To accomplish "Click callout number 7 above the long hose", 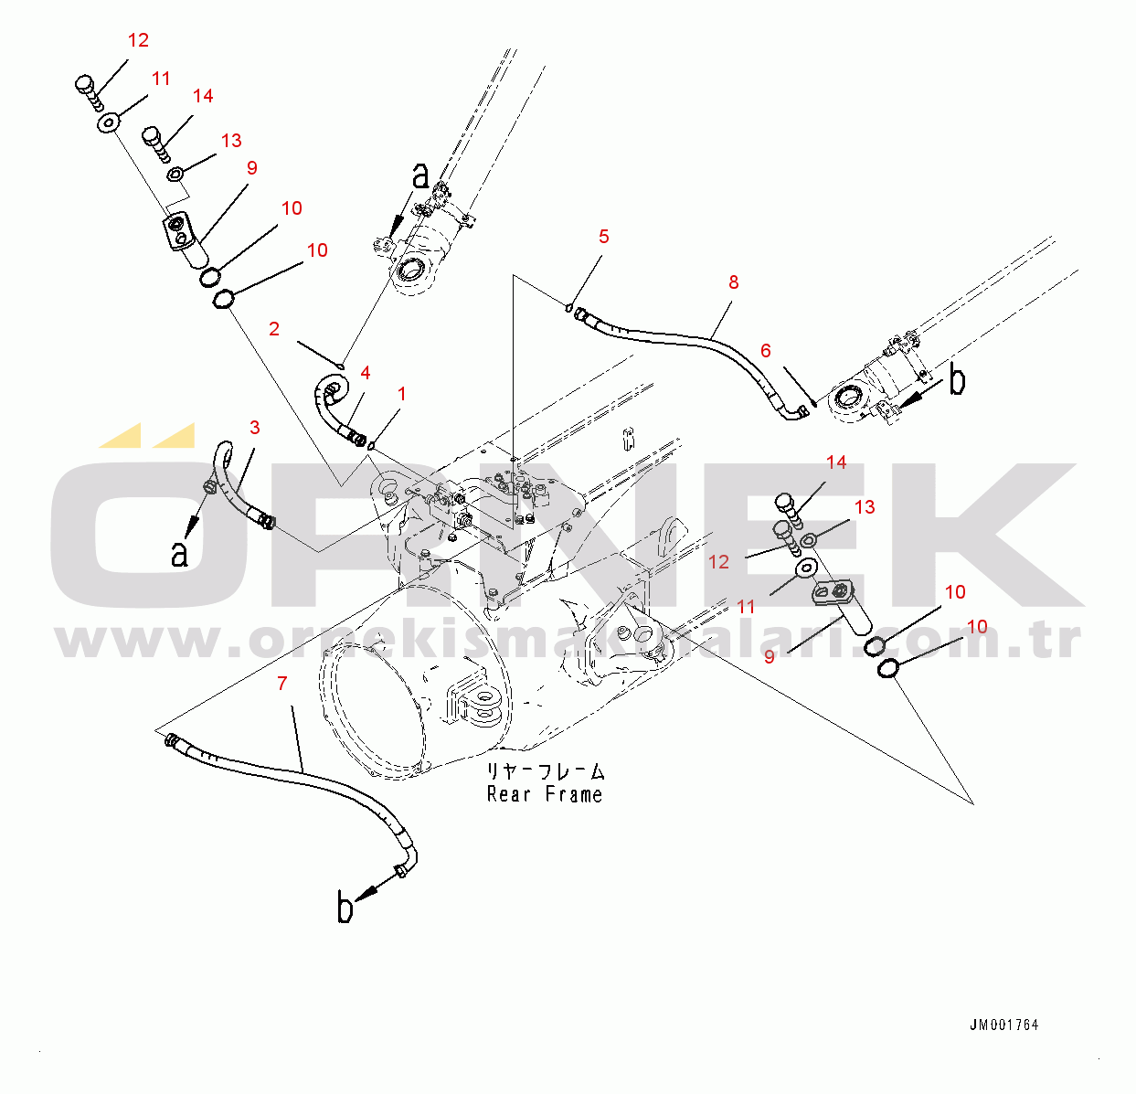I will click(282, 683).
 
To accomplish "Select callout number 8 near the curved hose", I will click(734, 282).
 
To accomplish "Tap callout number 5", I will click(604, 237).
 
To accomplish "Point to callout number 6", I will click(766, 350).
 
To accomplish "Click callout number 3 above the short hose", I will click(255, 427).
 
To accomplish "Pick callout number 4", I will click(366, 372).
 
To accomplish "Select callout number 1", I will click(401, 394).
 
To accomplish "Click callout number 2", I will click(274, 328).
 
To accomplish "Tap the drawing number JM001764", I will click(1003, 1025).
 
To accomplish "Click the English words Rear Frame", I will click(545, 794).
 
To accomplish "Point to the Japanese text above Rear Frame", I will click(545, 772).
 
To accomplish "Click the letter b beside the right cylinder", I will click(956, 381).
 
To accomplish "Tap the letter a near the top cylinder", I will click(419, 175).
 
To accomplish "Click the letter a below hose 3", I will click(180, 553).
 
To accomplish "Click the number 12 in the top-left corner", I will click(138, 40).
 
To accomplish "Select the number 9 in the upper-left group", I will click(252, 167).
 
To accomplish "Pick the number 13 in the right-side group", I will click(865, 506).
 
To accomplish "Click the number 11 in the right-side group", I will click(747, 606).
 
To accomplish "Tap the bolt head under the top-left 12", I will click(84, 85).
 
